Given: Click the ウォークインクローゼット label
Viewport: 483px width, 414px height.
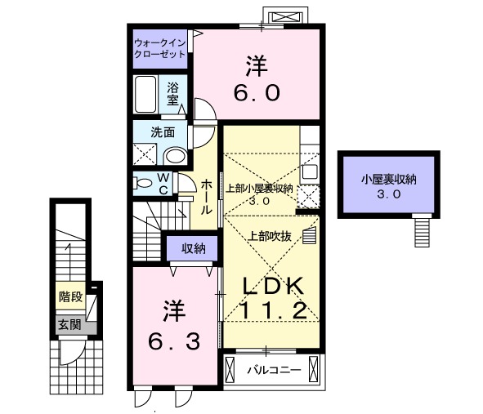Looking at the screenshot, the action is pos(160,49).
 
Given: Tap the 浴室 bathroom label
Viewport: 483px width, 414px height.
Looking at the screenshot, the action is pos(172,94).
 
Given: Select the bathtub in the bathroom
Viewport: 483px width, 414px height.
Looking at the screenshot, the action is pos(145,94).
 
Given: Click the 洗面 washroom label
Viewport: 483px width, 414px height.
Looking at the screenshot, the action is pos(163,132).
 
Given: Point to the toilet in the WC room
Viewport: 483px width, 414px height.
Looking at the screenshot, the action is pos(143,183).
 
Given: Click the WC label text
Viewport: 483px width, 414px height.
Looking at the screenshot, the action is pos(163,184).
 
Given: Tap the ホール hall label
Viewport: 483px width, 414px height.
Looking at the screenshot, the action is pos(207,198).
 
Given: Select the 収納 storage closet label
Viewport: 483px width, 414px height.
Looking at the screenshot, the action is pos(193,248).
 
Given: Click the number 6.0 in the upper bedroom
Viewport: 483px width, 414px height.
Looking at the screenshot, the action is pos(257,92).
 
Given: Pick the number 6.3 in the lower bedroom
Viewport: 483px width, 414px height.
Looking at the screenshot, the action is pos(174,341).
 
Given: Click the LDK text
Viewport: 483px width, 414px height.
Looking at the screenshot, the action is pos(273,287).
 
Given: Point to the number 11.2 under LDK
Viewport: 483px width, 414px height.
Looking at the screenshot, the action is pos(273,310).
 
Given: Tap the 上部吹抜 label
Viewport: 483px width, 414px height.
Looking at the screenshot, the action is pos(270,236).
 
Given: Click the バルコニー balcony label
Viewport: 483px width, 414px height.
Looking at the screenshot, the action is pos(274,370).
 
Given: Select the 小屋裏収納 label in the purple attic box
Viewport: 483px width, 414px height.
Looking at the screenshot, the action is pos(389,179).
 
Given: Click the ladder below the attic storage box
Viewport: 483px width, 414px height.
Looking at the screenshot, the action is pos(422,230).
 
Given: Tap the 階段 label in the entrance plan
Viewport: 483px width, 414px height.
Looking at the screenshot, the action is pos(71,296).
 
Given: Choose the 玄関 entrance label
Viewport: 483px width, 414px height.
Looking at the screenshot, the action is pos(70,324).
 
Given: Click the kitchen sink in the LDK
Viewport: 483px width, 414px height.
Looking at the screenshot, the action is pos(310,172).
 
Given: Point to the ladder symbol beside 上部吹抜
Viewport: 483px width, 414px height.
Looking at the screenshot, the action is pos(309,235).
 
